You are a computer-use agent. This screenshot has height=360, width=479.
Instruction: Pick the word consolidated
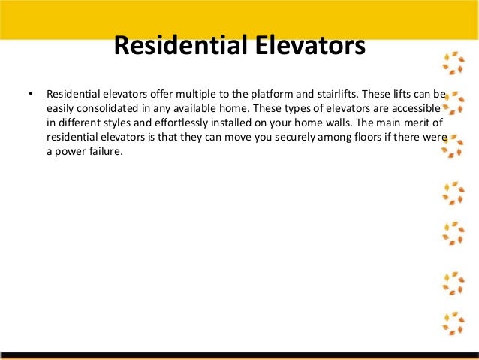click(x=108, y=110)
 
